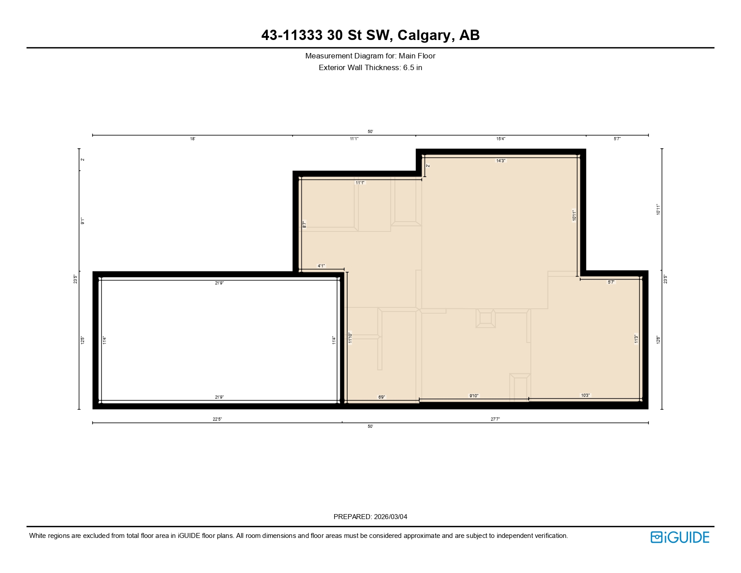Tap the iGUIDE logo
pyautogui.click(x=679, y=537)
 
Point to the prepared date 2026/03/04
pyautogui.click(x=390, y=517)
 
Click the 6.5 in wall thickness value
pyautogui.click(x=412, y=68)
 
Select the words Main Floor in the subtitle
pyautogui.click(x=417, y=56)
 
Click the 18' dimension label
pyautogui.click(x=192, y=139)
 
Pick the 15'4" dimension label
pyautogui.click(x=500, y=139)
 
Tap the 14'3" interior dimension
pyautogui.click(x=500, y=160)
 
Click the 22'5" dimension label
pyautogui.click(x=217, y=419)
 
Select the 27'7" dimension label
pyautogui.click(x=495, y=419)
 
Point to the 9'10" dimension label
pyautogui.click(x=474, y=396)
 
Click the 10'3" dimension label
pyautogui.click(x=585, y=395)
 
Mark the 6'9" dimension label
pyautogui.click(x=381, y=397)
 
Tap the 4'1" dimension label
pyautogui.click(x=321, y=266)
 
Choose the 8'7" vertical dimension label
pyautogui.click(x=304, y=224)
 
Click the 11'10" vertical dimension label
pyautogui.click(x=350, y=338)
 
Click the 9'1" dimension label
pyautogui.click(x=83, y=221)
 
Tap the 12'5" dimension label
pyautogui.click(x=83, y=340)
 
